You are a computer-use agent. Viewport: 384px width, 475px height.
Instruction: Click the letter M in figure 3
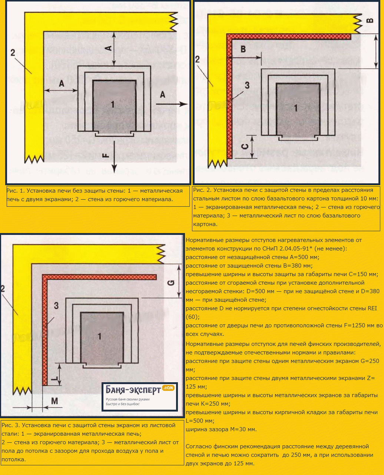[54, 401]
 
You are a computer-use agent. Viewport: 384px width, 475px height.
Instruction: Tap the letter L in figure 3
[56, 378]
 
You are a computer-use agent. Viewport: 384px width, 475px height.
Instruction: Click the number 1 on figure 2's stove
[296, 108]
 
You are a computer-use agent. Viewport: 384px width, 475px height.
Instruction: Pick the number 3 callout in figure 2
[247, 85]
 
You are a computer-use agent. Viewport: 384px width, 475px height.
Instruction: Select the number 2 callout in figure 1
[13, 53]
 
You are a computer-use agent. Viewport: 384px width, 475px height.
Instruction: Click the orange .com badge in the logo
[168, 387]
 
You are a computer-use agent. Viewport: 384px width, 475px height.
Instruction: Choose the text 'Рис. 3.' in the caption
[11, 425]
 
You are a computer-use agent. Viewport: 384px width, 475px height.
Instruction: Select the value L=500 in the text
[200, 421]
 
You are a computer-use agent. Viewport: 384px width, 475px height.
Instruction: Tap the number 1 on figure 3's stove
[100, 336]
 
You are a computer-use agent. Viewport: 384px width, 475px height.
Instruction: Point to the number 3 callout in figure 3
[56, 305]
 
